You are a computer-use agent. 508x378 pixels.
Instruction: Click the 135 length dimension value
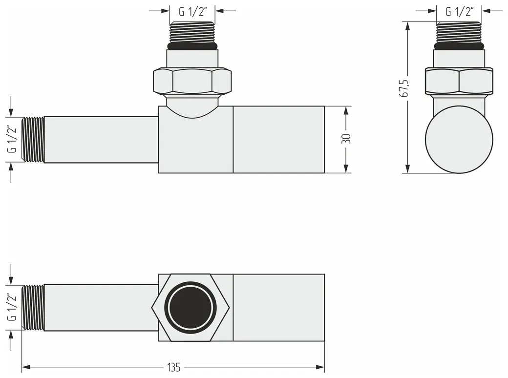(x=174, y=367)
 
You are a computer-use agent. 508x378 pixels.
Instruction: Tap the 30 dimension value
(x=346, y=139)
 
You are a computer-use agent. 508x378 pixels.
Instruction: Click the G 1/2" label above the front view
(x=193, y=12)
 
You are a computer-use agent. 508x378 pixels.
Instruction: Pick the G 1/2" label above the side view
(x=460, y=12)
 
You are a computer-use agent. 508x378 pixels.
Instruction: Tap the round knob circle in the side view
(x=459, y=140)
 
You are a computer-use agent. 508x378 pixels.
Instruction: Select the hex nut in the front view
(x=192, y=82)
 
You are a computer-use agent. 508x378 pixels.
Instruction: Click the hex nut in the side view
(x=459, y=82)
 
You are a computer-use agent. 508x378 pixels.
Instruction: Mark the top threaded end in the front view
(x=192, y=32)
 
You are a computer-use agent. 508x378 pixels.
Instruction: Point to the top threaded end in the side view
(x=459, y=32)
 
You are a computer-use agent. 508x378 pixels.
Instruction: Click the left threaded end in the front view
(x=33, y=139)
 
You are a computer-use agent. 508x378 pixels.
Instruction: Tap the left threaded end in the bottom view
(x=33, y=307)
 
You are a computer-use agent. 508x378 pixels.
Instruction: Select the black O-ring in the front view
(x=192, y=46)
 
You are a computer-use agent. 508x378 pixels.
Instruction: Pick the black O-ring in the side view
(x=459, y=46)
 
